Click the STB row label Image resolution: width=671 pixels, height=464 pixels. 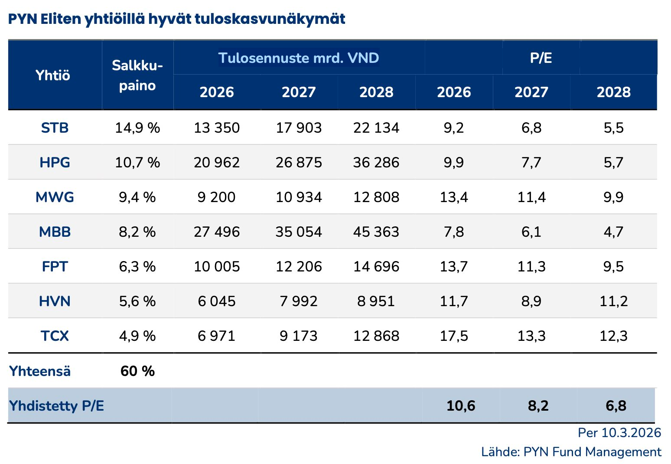pos(55,128)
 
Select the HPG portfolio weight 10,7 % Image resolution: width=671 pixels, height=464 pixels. pos(137,163)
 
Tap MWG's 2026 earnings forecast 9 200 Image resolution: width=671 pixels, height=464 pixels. pos(216,197)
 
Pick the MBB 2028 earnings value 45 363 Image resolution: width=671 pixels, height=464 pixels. pos(376,232)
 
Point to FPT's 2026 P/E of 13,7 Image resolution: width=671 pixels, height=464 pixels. pos(453,267)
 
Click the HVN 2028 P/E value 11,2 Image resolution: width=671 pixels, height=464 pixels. pos(613,301)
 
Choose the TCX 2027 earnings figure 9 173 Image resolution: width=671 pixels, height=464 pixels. pos(299,336)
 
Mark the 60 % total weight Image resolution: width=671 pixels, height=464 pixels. pos(137,371)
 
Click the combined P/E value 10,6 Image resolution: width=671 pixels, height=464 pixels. pos(461,406)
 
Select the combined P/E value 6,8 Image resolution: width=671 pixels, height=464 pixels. pos(616,406)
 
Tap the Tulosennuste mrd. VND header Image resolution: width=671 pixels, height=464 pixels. pos(299,58)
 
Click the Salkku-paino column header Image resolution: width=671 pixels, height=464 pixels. pos(137,75)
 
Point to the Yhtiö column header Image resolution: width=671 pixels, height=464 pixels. pos(53,75)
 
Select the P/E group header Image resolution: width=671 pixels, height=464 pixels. pos(541,58)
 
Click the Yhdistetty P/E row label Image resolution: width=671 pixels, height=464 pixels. pos(57,406)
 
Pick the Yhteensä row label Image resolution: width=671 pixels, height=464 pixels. pos(40,371)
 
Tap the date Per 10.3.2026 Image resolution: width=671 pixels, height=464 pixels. pos(619,433)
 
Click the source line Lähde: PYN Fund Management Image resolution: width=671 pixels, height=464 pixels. pos(571,452)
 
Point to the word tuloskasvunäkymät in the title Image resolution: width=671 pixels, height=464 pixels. pos(270,19)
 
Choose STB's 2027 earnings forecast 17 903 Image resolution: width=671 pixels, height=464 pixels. pos(299,128)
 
